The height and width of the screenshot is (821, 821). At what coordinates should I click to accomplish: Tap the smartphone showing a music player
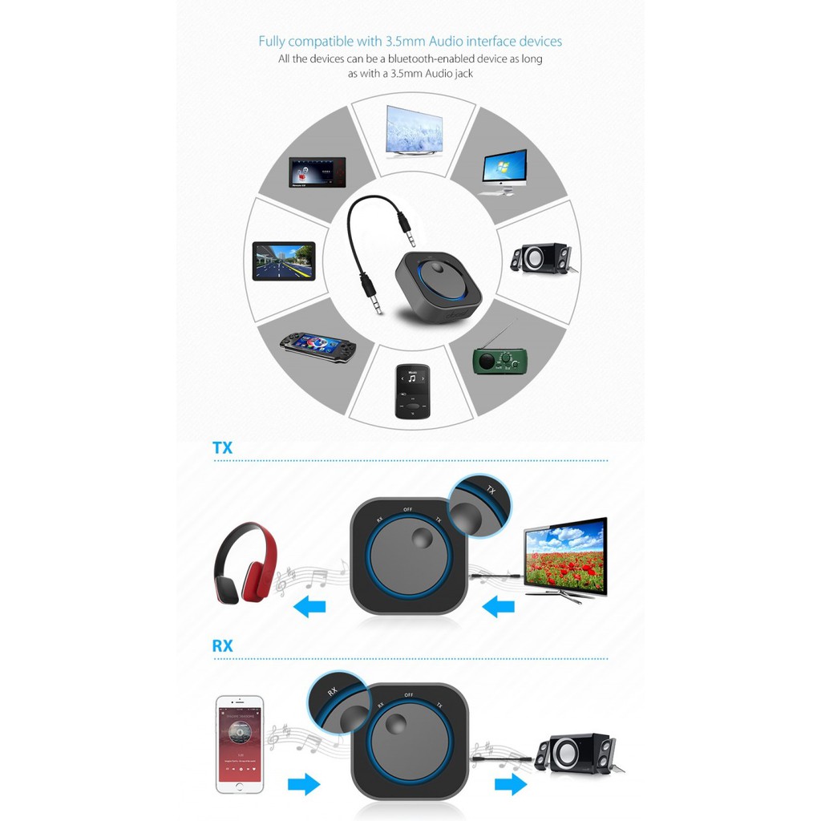tap(240, 743)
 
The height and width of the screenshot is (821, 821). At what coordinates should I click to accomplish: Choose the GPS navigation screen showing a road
tap(284, 261)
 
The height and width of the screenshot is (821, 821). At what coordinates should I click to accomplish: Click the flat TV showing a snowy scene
tap(414, 130)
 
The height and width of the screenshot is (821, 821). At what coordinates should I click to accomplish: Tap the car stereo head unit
tap(317, 172)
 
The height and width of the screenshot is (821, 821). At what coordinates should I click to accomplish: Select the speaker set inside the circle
tap(540, 258)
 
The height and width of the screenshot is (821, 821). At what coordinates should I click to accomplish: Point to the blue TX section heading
tap(222, 448)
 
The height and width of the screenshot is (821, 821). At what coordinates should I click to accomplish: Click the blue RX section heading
tap(222, 645)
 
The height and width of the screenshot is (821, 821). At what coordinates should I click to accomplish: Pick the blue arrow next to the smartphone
tap(302, 783)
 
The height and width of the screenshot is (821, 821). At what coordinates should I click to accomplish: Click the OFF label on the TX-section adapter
tap(408, 509)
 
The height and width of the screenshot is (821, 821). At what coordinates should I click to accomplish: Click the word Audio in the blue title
tap(451, 41)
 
